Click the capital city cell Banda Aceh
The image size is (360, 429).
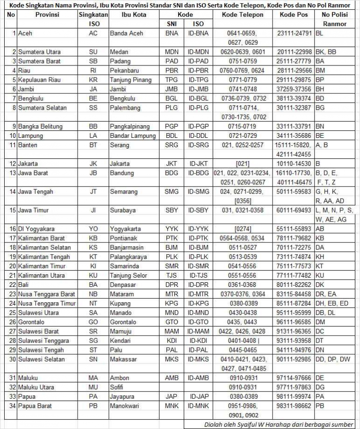pos(126,34)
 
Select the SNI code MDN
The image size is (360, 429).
pos(172,52)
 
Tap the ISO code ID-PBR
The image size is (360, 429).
pos(199,71)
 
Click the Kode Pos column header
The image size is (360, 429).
pos(294,15)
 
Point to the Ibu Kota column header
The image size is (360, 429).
pos(134,15)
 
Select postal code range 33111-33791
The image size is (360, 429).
pos(294,126)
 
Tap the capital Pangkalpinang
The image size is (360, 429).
pos(130,126)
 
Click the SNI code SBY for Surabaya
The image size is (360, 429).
pos(172,210)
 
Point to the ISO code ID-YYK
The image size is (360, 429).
pos(199,229)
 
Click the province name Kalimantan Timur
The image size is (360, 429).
pos(42,266)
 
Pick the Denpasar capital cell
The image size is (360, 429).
pos(123,285)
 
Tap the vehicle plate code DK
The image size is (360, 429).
pos(320,285)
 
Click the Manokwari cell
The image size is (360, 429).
pos(124,406)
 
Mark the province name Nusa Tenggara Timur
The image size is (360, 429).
pos(47,303)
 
